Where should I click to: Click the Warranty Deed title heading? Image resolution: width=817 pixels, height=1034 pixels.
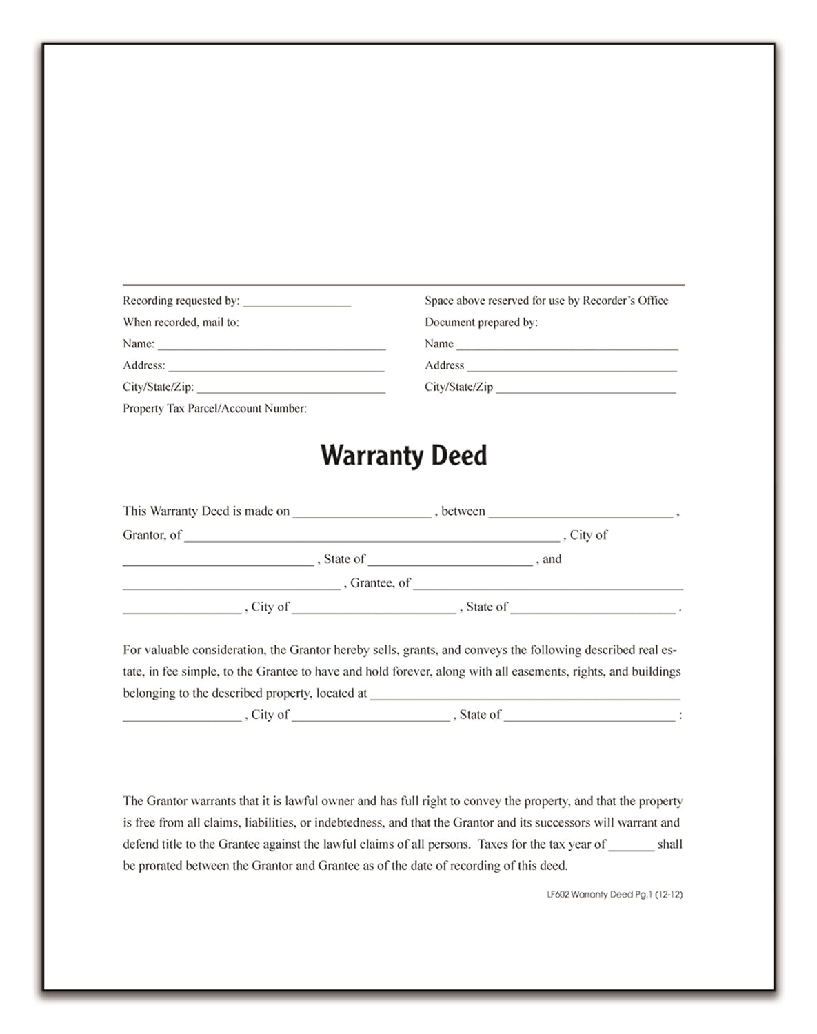[403, 456]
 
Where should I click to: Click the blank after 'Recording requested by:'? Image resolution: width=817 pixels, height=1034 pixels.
[296, 303]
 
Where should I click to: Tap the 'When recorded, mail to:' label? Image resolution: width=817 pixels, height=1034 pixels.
[181, 322]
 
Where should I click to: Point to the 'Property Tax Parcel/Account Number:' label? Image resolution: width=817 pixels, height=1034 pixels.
[214, 409]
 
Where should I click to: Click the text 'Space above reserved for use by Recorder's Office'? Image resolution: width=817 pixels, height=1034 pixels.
[546, 301]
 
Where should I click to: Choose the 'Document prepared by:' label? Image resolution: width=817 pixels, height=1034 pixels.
[481, 322]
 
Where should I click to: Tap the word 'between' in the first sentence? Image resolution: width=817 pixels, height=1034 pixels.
[463, 511]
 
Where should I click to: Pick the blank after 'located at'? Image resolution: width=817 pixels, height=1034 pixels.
[525, 696]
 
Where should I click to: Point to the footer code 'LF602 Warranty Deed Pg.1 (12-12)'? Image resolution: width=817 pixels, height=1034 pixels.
[614, 895]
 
